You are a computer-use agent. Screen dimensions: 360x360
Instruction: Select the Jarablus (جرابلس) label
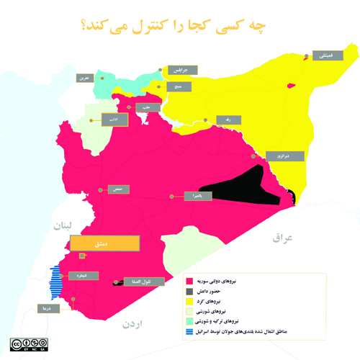[177, 71]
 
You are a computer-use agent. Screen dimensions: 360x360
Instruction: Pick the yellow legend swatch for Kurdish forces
[190, 301]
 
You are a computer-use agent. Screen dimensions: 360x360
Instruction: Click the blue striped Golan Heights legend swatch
[190, 332]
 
